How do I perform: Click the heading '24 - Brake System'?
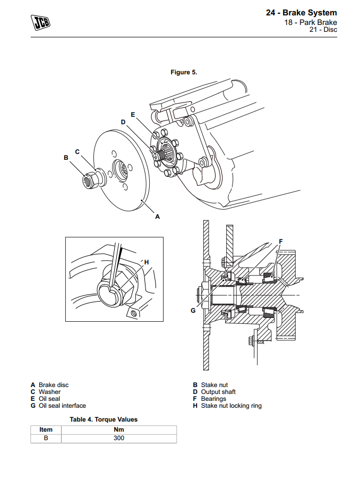[301, 13]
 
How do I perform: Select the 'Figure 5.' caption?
[184, 72]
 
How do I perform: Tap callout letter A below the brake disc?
[157, 217]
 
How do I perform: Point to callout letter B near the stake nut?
[66, 158]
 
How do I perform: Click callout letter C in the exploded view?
[77, 151]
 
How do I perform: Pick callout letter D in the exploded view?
[123, 122]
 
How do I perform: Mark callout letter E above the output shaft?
[133, 114]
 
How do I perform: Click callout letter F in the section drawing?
[281, 241]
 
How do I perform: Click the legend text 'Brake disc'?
[53, 385]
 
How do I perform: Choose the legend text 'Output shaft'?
[218, 392]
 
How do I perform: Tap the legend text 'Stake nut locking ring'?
[231, 406]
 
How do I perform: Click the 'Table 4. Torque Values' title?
[104, 419]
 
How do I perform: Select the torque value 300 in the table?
[119, 438]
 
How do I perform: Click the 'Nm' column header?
[119, 430]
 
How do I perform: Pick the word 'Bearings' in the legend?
[213, 399]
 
